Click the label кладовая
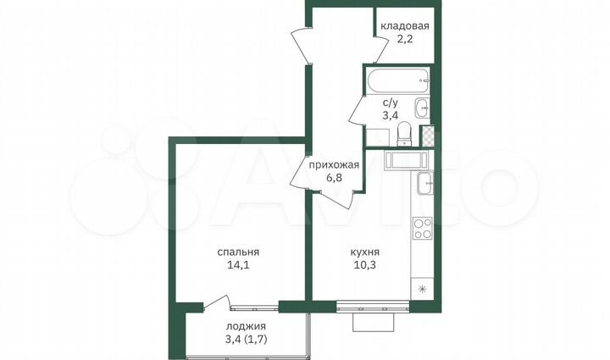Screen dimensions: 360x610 (404, 26)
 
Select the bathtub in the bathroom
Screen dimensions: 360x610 (396, 85)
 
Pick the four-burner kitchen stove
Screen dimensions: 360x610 (422, 228)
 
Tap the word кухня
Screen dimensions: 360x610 (364, 252)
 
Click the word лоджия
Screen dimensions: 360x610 (246, 326)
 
